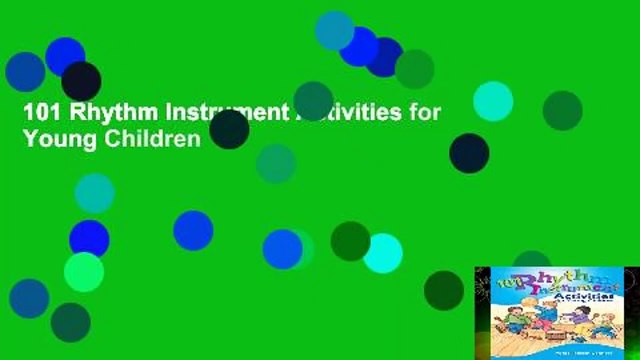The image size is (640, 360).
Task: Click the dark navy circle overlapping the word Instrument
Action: point(229,129)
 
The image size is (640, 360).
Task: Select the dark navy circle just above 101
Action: point(81,81)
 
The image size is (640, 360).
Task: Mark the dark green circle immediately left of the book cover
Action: point(444,290)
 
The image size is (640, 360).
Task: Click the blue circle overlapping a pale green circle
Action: point(282,249)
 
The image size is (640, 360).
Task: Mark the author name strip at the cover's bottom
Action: point(556,351)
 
